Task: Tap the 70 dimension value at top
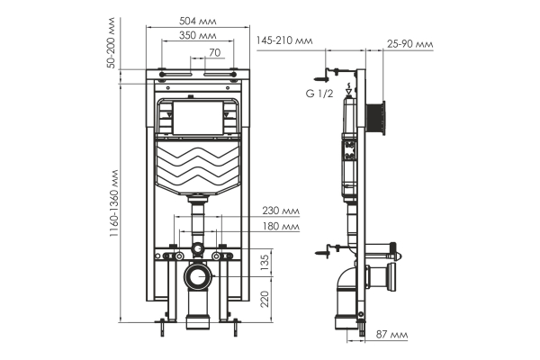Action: coord(214,53)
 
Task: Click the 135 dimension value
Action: coord(264,261)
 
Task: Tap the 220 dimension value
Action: coord(264,297)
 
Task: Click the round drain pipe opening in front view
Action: coord(196,277)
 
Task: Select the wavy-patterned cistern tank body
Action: coord(195,166)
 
